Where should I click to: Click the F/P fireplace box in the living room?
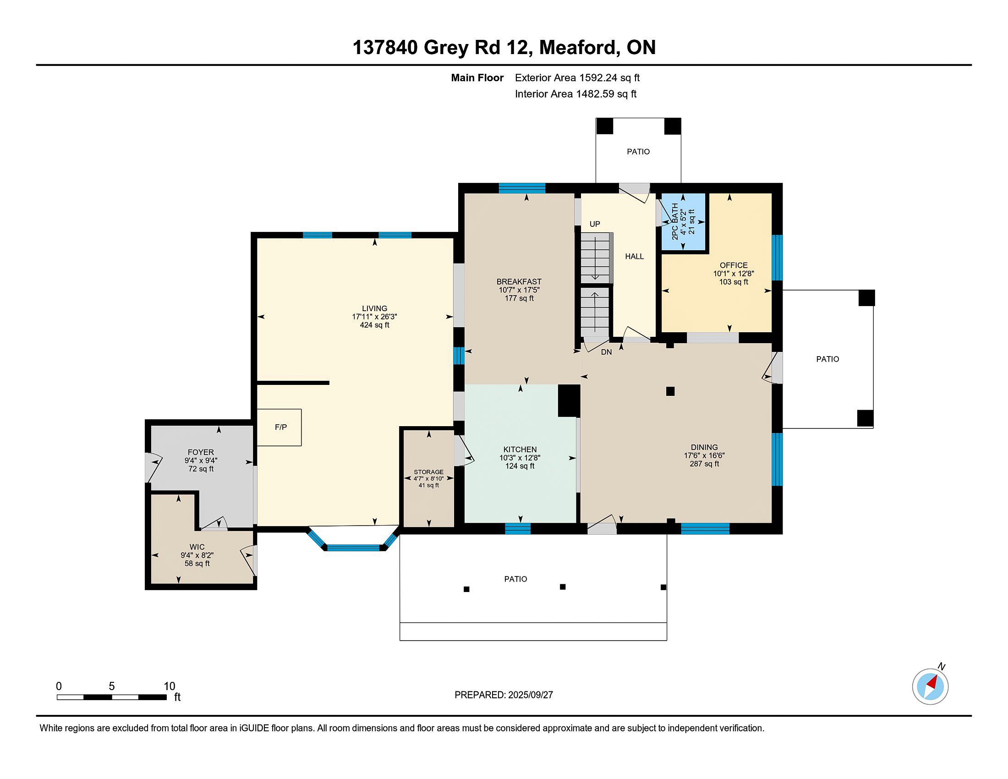tap(279, 428)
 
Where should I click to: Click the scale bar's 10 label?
tap(170, 686)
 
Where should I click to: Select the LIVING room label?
tap(374, 308)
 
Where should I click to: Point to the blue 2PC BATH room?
tap(684, 222)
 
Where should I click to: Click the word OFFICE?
tap(734, 265)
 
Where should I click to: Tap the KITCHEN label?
tap(520, 450)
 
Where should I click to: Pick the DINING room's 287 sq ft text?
tap(704, 464)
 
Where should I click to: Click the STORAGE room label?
tap(428, 472)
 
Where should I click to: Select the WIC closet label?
tap(197, 547)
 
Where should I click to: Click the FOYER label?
tap(201, 452)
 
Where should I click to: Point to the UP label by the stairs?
tap(594, 224)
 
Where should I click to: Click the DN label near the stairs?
tap(606, 352)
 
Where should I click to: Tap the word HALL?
tap(634, 256)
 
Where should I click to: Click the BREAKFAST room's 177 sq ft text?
tap(519, 299)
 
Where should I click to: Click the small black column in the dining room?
tap(670, 391)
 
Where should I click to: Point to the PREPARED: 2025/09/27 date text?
tap(504, 695)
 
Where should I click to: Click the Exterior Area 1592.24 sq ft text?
tap(577, 77)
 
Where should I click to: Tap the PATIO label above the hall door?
tap(638, 151)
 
